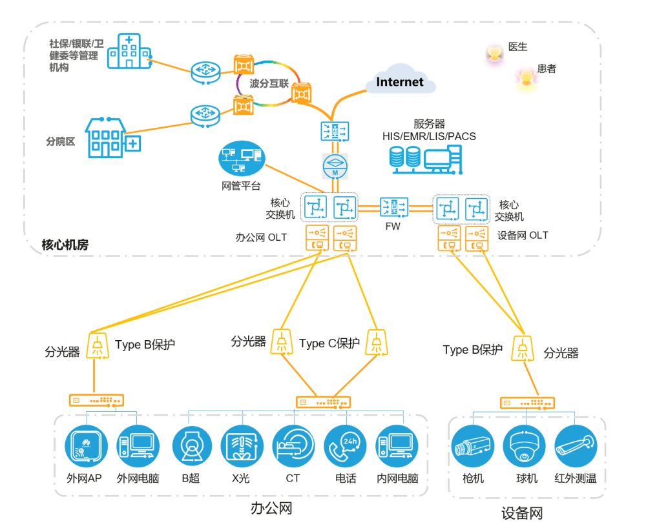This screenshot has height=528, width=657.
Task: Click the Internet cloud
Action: (400, 81)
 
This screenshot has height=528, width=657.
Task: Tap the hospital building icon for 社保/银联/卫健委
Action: (129, 52)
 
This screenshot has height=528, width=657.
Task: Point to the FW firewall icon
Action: (393, 207)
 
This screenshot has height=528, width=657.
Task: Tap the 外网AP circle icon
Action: (85, 446)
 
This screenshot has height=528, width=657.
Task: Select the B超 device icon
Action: (193, 446)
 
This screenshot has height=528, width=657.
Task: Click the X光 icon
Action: (241, 446)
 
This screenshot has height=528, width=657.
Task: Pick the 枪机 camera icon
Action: (473, 446)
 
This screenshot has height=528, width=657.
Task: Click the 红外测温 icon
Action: (574, 446)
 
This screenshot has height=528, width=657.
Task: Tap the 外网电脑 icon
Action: (138, 446)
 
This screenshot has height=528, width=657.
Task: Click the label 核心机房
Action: (65, 245)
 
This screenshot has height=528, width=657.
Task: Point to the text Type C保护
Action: (329, 343)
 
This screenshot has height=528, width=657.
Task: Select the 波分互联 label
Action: (269, 83)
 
